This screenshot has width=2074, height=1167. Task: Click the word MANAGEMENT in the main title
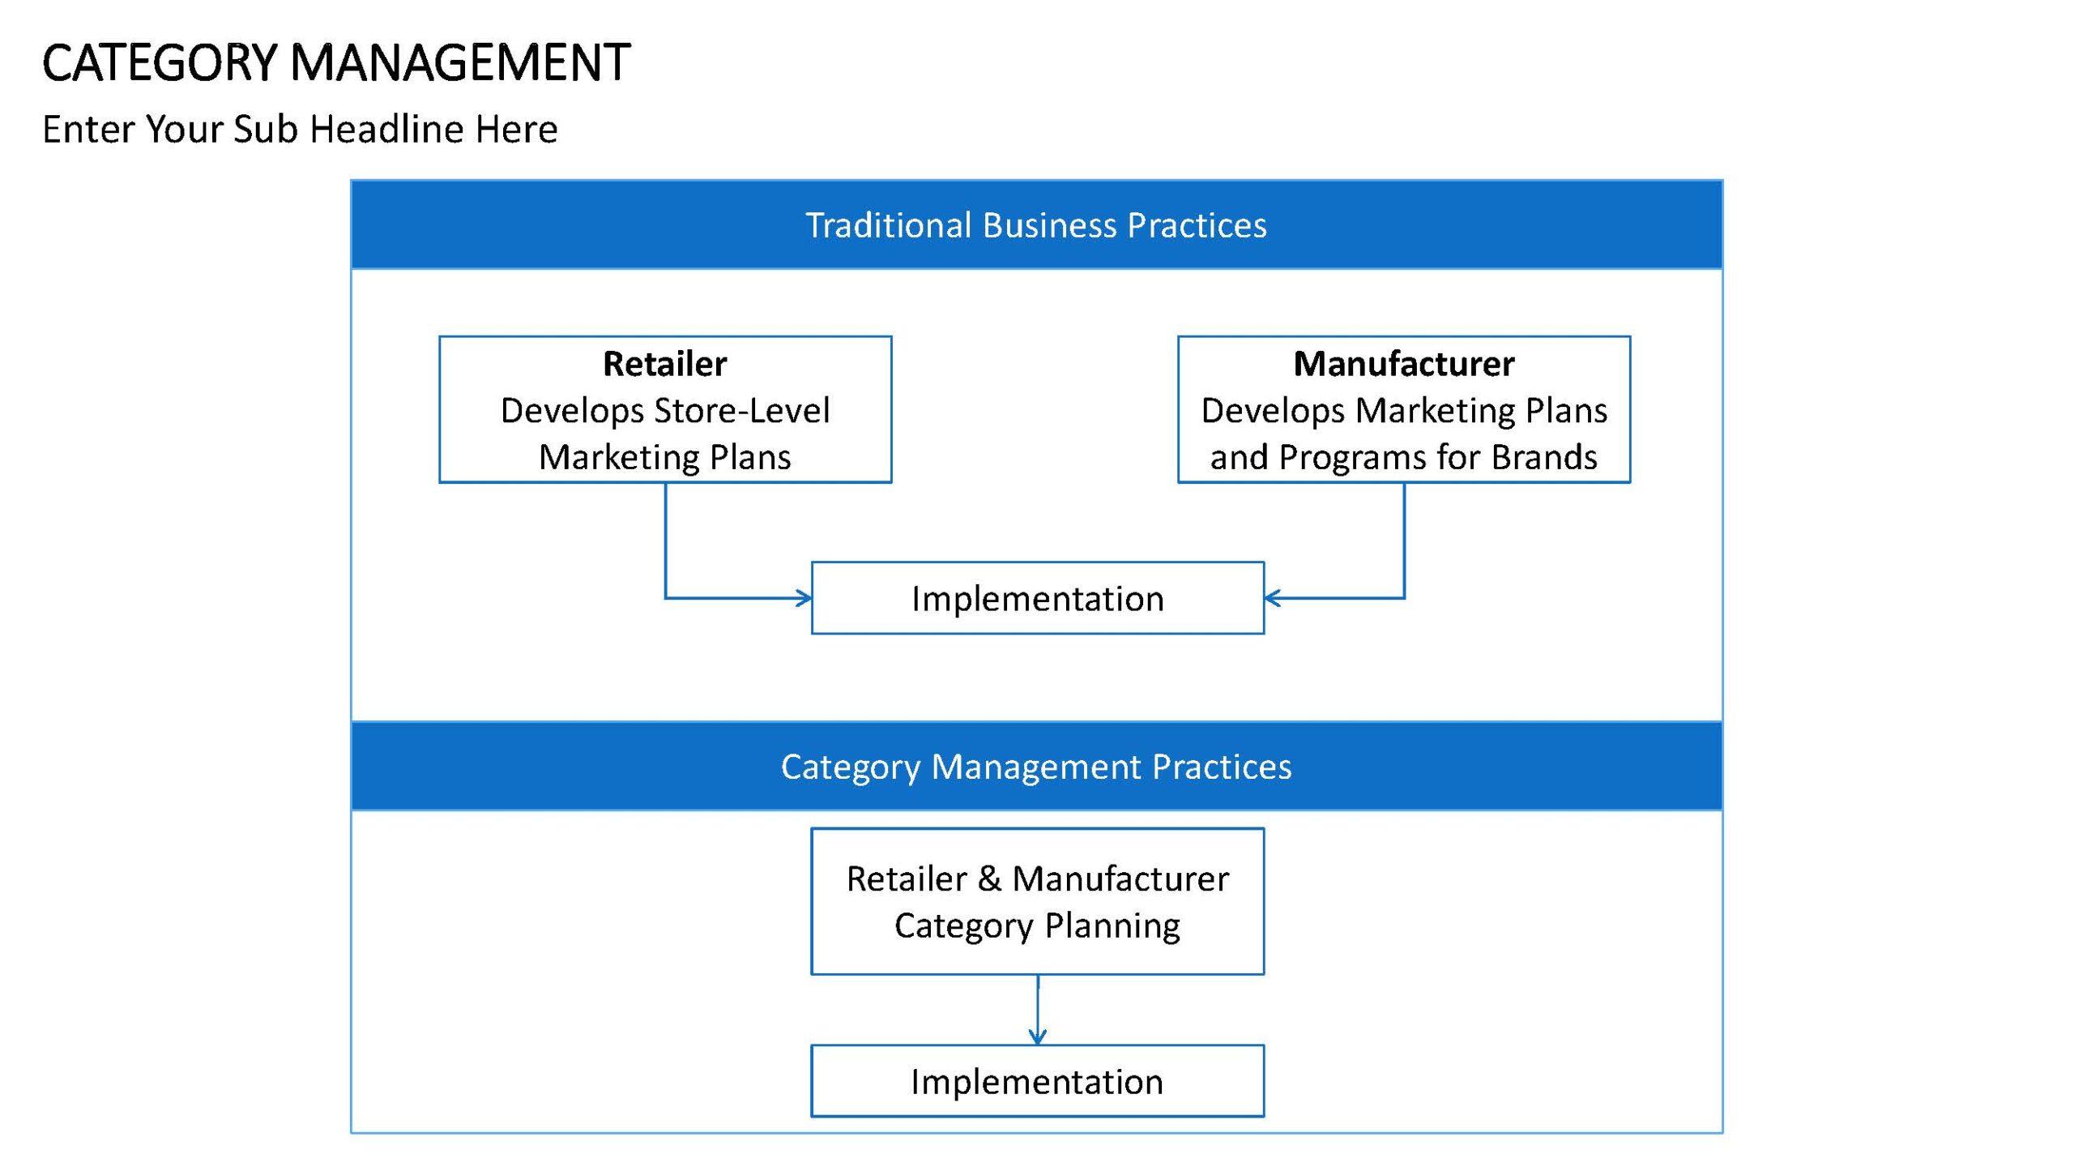(x=460, y=63)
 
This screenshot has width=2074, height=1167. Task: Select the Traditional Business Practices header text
(x=1036, y=225)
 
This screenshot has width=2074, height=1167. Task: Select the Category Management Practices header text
(x=1036, y=767)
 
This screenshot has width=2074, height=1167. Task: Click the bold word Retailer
(x=665, y=364)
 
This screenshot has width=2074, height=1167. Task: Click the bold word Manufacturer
(x=1404, y=364)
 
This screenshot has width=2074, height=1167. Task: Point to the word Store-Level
(x=741, y=410)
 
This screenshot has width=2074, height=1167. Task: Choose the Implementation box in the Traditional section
(x=1038, y=598)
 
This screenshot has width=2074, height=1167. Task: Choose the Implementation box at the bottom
(x=1038, y=1081)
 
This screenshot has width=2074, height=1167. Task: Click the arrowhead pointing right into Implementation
(x=804, y=598)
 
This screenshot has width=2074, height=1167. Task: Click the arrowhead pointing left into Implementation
(x=1273, y=598)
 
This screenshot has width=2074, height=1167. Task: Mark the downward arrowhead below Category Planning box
(x=1038, y=1036)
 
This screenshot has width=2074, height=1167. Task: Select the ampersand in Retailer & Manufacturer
(x=989, y=879)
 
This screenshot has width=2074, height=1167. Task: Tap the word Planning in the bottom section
(x=1112, y=926)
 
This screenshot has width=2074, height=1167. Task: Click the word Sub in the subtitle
(x=266, y=129)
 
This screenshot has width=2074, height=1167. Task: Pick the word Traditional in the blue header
(x=888, y=225)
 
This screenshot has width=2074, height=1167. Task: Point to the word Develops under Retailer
(x=572, y=412)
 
